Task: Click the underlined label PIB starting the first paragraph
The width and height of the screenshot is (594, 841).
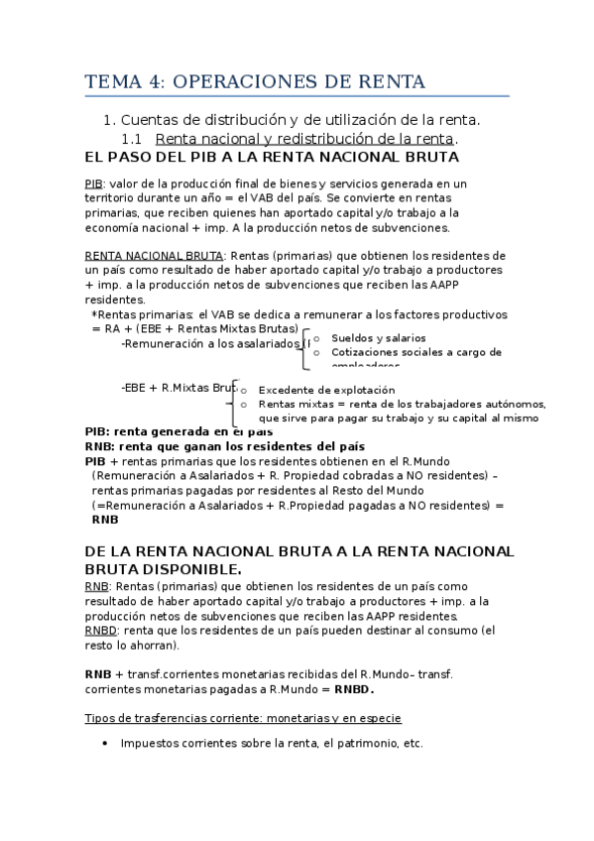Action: pyautogui.click(x=94, y=184)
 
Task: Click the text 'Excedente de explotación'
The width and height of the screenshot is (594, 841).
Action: pyautogui.click(x=326, y=390)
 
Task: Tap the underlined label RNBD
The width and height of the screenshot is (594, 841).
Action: pyautogui.click(x=101, y=630)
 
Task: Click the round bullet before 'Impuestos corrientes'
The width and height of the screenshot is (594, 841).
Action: pyautogui.click(x=106, y=744)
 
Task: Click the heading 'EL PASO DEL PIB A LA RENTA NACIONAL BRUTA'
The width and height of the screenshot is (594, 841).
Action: pyautogui.click(x=272, y=157)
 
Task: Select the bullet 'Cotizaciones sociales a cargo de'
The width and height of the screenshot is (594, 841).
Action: pyautogui.click(x=416, y=352)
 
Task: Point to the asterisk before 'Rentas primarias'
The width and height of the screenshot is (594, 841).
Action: pyautogui.click(x=93, y=313)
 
